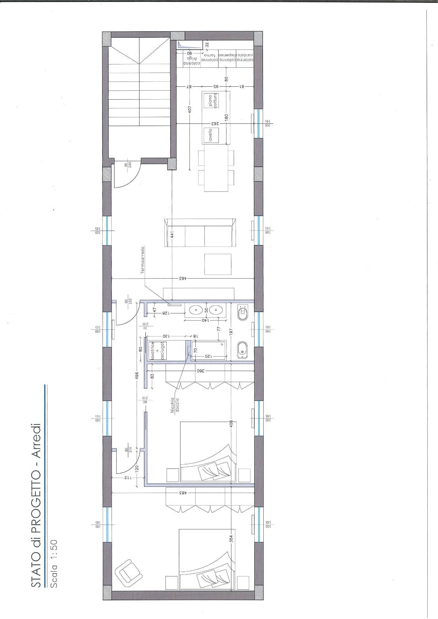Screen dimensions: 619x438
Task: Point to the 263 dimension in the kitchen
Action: coord(213,123)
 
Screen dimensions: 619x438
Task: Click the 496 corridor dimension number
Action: coord(137,376)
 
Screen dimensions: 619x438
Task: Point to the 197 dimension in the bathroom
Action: coord(231,331)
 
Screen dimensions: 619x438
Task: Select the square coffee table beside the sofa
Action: coord(218,264)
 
